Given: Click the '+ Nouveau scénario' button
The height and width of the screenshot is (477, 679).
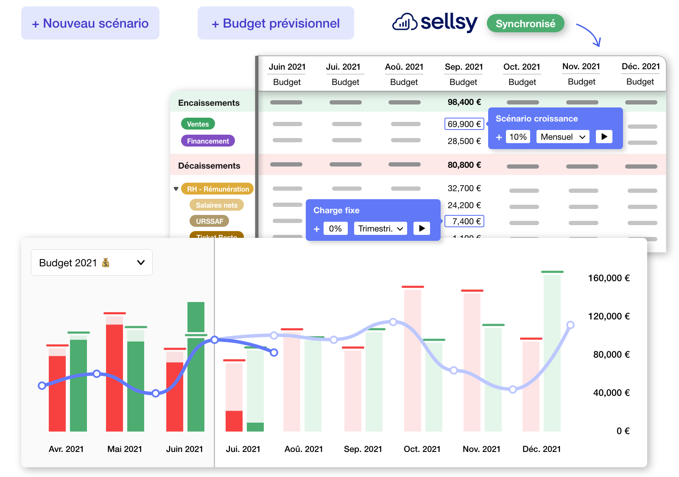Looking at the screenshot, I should point(90,23).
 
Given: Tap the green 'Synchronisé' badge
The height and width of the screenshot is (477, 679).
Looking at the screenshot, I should point(525,23).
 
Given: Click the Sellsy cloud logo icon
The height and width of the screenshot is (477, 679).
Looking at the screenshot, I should point(405,22).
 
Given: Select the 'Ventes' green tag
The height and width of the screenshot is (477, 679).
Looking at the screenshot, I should point(198,124).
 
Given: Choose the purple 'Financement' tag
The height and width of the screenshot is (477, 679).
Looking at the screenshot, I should point(208,141).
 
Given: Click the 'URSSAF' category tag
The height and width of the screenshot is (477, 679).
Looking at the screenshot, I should point(210,221).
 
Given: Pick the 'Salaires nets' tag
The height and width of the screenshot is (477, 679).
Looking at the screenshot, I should point(216,205).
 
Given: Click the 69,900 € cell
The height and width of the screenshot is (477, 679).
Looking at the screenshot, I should point(464,124).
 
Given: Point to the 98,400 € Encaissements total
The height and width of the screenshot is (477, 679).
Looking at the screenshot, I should point(464,102).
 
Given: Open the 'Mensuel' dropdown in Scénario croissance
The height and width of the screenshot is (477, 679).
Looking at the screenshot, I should point(563,137).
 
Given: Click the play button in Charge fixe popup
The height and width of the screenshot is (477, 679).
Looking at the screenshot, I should point(422,229).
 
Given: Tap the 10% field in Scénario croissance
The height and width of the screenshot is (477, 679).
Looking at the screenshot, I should point(518,137).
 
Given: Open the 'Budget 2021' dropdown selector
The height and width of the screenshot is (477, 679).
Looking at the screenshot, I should point(92,262).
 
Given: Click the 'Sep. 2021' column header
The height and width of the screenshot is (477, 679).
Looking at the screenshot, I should point(464,67).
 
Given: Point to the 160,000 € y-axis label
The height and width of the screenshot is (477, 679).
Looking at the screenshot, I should point(609,278).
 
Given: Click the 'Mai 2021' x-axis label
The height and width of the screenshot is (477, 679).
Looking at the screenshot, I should point(125,449).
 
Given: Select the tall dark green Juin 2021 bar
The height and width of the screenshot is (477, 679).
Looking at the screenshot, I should point(196,365).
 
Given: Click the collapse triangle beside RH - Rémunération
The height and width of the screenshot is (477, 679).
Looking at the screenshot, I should point(176,189).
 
